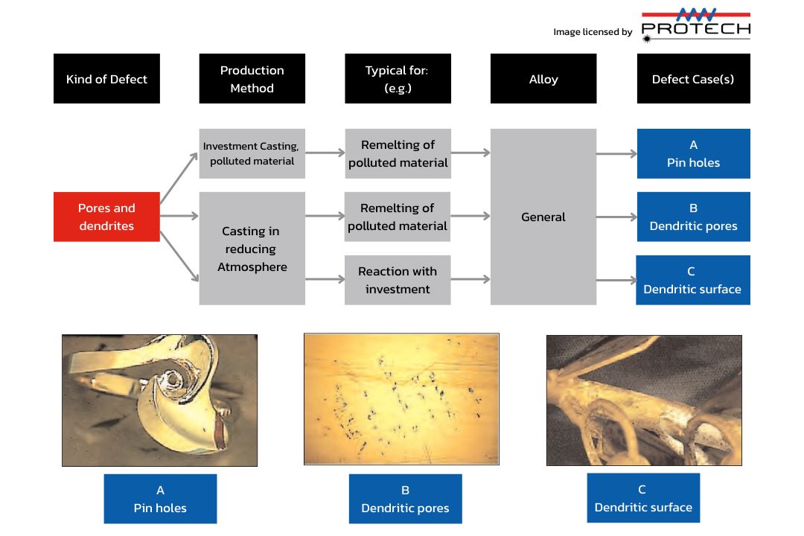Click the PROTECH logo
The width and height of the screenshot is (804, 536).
pyautogui.click(x=695, y=24)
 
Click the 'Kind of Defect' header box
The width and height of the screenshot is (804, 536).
pyautogui.click(x=106, y=79)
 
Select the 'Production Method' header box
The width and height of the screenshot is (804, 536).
pyautogui.click(x=252, y=79)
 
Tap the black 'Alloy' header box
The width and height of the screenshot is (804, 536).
pyautogui.click(x=543, y=79)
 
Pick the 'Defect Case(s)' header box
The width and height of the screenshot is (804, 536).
pyautogui.click(x=693, y=79)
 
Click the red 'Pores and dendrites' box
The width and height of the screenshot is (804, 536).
pyautogui.click(x=106, y=217)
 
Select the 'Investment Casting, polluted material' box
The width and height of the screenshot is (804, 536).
pyautogui.click(x=252, y=153)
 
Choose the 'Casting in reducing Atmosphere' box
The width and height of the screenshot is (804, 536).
pyautogui.click(x=252, y=249)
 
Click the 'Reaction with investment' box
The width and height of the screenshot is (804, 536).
pyautogui.click(x=398, y=280)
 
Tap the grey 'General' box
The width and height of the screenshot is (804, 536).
pyautogui.click(x=543, y=217)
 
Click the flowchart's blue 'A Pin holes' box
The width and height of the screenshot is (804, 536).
pyautogui.click(x=693, y=153)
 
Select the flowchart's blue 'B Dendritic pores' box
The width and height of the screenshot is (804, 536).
pyautogui.click(x=693, y=217)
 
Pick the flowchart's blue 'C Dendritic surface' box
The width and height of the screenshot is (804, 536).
pyautogui.click(x=693, y=280)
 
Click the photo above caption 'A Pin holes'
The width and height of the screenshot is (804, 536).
pyautogui.click(x=159, y=400)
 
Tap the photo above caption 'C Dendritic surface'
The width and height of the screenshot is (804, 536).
pyautogui.click(x=644, y=400)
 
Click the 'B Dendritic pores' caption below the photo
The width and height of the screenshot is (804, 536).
pyautogui.click(x=405, y=499)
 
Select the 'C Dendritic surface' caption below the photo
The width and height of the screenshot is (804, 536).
pyautogui.click(x=643, y=498)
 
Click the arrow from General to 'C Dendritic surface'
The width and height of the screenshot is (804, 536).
pyautogui.click(x=616, y=281)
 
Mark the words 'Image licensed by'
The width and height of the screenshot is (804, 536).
pyautogui.click(x=593, y=32)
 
